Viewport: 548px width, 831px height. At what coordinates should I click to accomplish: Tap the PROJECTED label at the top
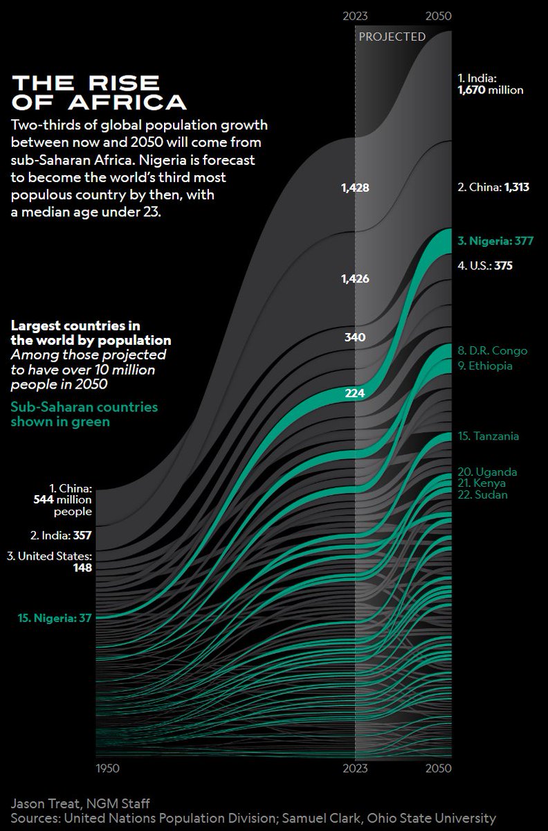tap(391, 37)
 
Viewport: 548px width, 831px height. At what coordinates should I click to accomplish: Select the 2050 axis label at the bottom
tap(437, 768)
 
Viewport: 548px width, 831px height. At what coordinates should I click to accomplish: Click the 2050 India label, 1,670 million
tap(491, 84)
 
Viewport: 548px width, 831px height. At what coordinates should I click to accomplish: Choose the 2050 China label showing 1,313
tap(493, 188)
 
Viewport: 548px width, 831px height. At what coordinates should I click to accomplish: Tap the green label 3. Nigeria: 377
tap(495, 241)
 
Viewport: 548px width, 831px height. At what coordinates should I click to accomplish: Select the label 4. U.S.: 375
tap(484, 265)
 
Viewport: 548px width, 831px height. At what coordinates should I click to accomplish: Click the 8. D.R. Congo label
tap(492, 350)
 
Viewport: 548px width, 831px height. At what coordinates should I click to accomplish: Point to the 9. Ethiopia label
tap(485, 366)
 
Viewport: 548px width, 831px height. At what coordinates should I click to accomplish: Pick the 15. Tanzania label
tap(488, 436)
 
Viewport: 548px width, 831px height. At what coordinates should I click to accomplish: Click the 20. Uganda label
tap(487, 472)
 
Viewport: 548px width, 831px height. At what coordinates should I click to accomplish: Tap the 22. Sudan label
tap(482, 494)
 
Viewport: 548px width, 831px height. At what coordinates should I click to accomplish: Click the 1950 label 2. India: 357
tap(60, 535)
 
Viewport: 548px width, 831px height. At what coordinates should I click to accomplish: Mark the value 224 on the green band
tap(355, 393)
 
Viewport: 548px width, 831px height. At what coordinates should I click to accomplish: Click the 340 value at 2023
tap(355, 337)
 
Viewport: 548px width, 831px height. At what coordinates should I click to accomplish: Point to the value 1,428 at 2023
tap(355, 188)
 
